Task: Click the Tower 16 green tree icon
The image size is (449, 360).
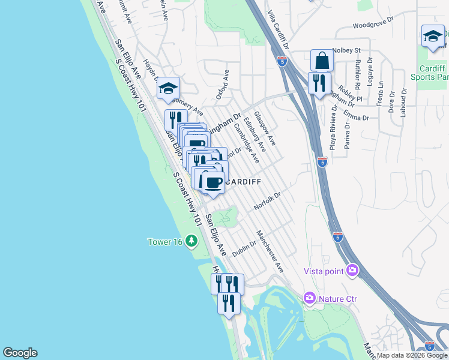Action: (x=191, y=241)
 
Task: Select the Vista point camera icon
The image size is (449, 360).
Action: (x=352, y=271)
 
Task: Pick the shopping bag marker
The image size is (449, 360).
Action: (x=322, y=61)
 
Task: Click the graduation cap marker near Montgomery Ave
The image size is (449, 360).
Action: (x=169, y=89)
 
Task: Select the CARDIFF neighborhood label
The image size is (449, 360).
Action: (x=243, y=181)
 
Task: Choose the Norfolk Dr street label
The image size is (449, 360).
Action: (x=267, y=200)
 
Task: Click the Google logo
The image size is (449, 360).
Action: (x=20, y=353)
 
